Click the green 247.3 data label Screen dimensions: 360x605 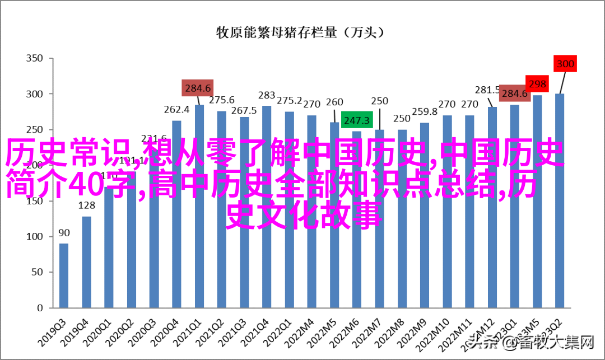pyautogui.click(x=357, y=120)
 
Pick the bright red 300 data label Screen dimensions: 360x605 pyautogui.click(x=565, y=64)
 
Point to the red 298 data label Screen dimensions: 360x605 pyautogui.click(x=537, y=85)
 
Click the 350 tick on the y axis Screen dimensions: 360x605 pyautogui.click(x=35, y=58)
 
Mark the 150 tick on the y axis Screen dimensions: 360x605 pyautogui.click(x=35, y=200)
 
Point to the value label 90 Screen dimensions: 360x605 pyautogui.click(x=64, y=233)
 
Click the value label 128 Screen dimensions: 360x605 pyautogui.click(x=86, y=205)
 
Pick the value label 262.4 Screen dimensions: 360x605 pyautogui.click(x=176, y=110)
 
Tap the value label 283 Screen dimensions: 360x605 pyautogui.click(x=267, y=95)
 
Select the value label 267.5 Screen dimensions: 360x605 pyautogui.click(x=244, y=110)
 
